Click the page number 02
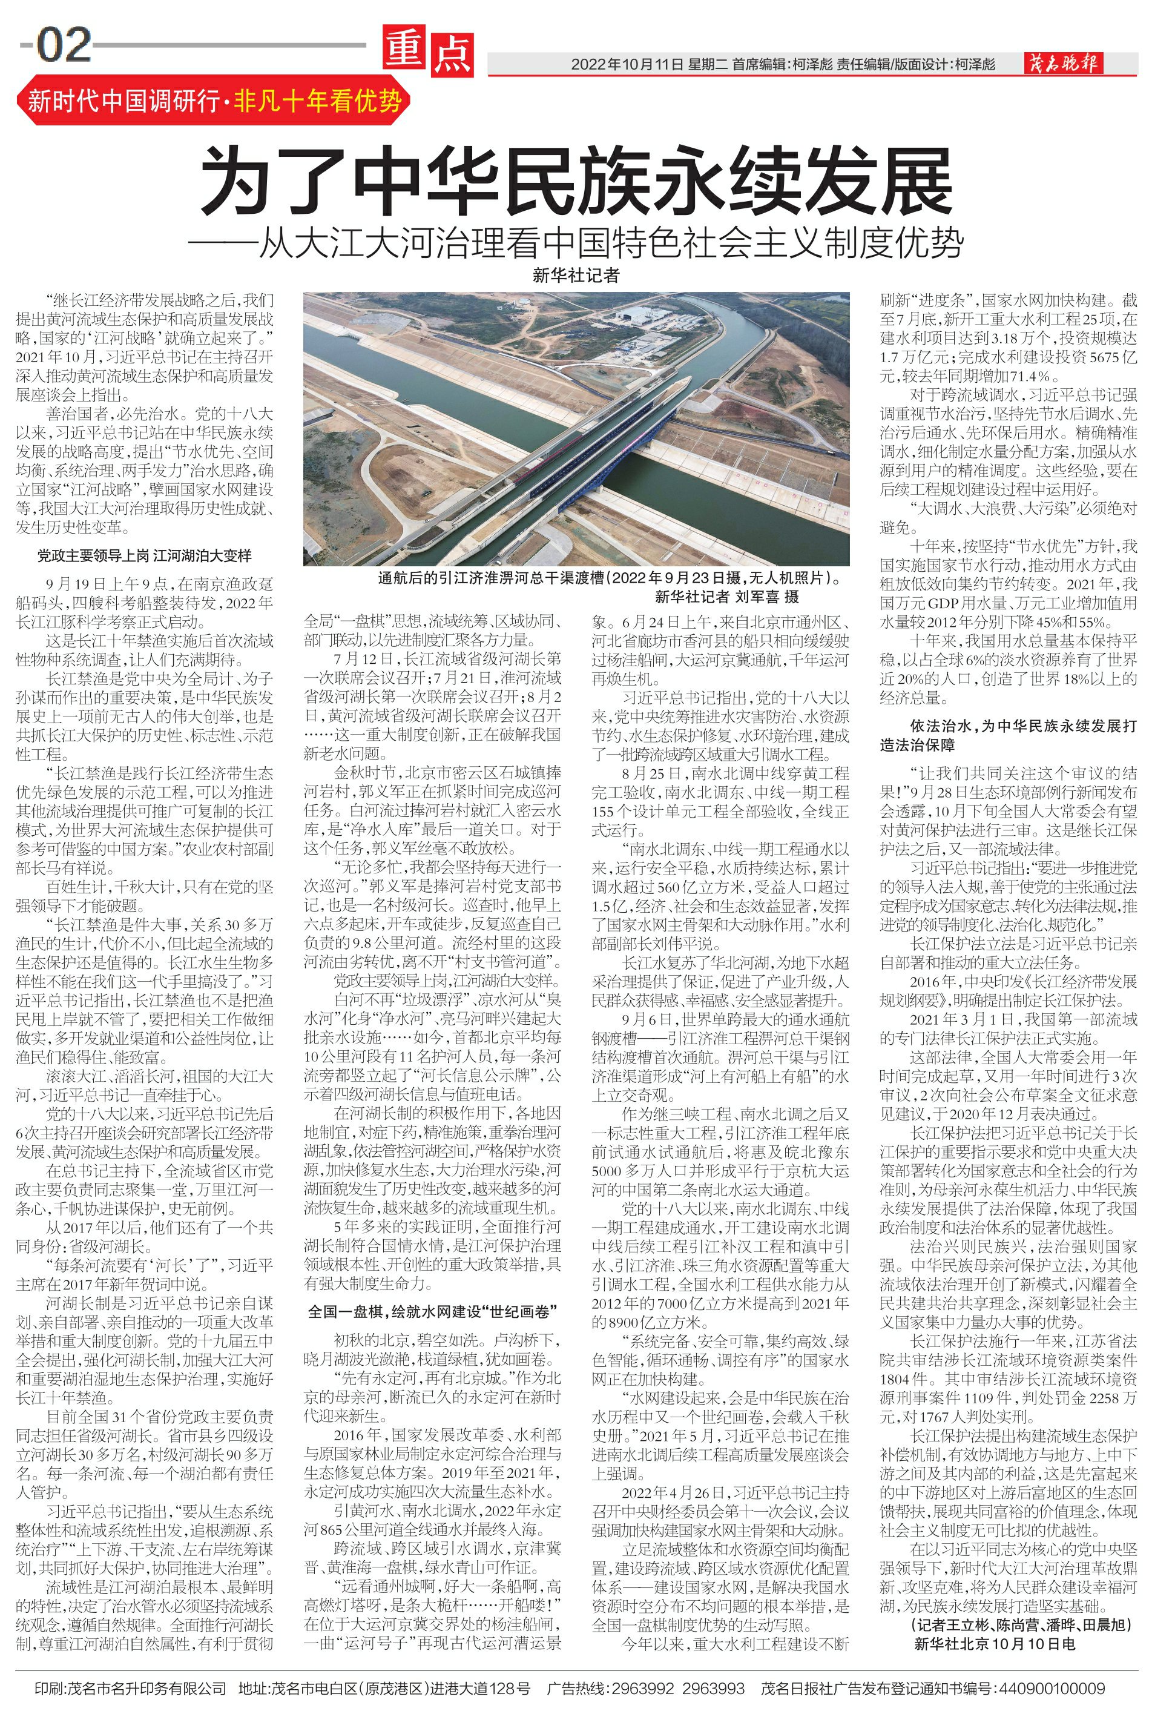pos(63,45)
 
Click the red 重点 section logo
pos(427,52)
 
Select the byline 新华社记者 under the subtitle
pos(576,276)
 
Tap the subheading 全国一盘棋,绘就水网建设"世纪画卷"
pos(432,1311)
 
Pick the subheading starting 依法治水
pos(1008,735)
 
